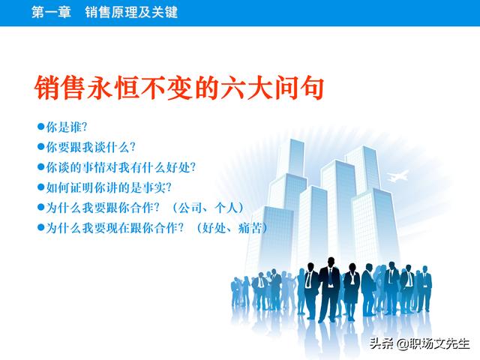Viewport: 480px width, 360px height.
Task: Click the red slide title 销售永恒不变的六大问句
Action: click(179, 88)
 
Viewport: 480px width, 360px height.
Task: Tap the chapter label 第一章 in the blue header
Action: click(51, 13)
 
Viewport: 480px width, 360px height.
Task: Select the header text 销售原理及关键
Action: click(131, 13)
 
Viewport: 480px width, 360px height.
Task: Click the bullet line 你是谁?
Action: click(67, 127)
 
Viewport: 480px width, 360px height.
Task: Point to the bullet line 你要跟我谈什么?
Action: click(91, 147)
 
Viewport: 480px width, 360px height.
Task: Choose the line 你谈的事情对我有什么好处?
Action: click(121, 167)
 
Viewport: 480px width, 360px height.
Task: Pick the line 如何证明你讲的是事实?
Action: click(109, 187)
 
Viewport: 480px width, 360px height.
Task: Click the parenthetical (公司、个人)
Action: click(208, 208)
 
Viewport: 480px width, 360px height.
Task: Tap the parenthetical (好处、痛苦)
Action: click(232, 228)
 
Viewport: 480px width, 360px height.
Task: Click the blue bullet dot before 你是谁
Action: click(41, 127)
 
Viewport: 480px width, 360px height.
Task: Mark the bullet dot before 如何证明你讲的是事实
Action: click(41, 187)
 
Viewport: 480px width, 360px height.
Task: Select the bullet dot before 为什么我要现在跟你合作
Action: click(41, 227)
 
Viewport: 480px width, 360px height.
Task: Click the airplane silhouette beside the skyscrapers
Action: click(397, 176)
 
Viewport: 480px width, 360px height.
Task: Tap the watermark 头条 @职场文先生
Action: click(419, 343)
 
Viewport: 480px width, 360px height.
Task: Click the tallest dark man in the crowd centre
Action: click(329, 289)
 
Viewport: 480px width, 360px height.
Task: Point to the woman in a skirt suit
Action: click(352, 291)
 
